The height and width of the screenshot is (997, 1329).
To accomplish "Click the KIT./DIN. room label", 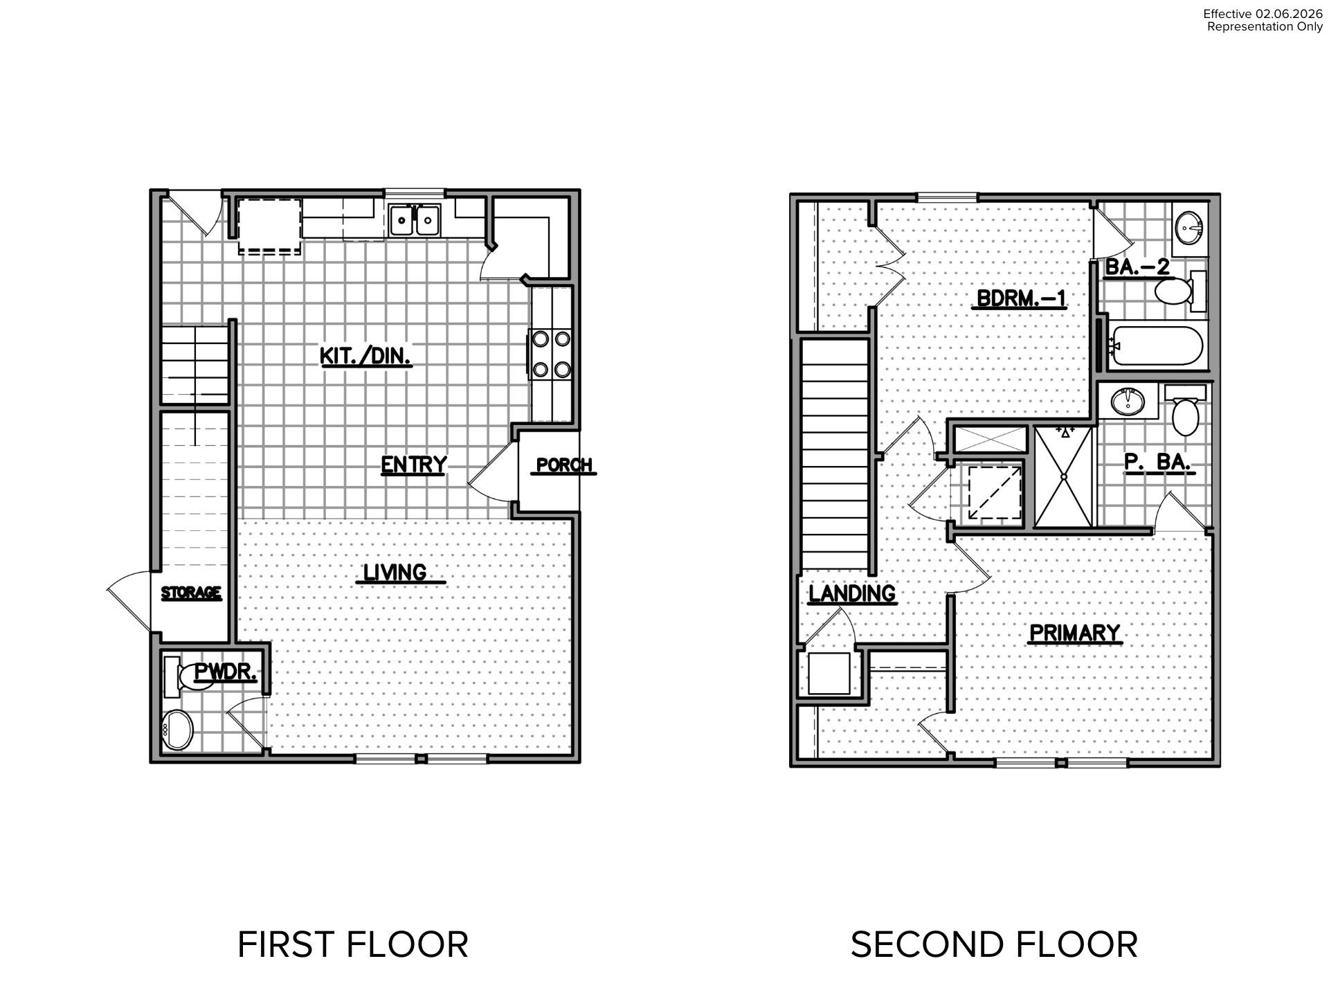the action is (x=365, y=356).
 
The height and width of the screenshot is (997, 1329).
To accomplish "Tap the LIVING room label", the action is (x=396, y=573).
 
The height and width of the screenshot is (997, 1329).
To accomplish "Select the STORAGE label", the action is (x=191, y=593).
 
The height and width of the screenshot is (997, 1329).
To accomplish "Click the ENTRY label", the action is (x=414, y=464).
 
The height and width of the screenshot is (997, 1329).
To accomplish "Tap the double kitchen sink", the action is (x=415, y=221).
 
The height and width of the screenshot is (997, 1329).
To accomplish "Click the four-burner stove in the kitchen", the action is (x=552, y=354).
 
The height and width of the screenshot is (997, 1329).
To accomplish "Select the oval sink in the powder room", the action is (x=178, y=729).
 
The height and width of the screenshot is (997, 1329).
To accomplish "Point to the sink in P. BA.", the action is (x=1129, y=402).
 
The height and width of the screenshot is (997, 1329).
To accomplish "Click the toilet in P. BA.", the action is (x=1186, y=410).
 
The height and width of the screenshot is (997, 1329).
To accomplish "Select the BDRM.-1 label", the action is (x=1021, y=298).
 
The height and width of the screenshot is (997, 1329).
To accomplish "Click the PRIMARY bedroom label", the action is (x=1074, y=633).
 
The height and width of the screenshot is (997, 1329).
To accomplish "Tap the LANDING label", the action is (x=852, y=593).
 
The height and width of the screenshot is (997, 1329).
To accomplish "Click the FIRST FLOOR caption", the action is (x=353, y=944).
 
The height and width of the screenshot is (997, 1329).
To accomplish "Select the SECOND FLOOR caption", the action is (x=994, y=944).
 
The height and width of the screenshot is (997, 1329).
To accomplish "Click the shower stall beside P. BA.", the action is (x=1063, y=476).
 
